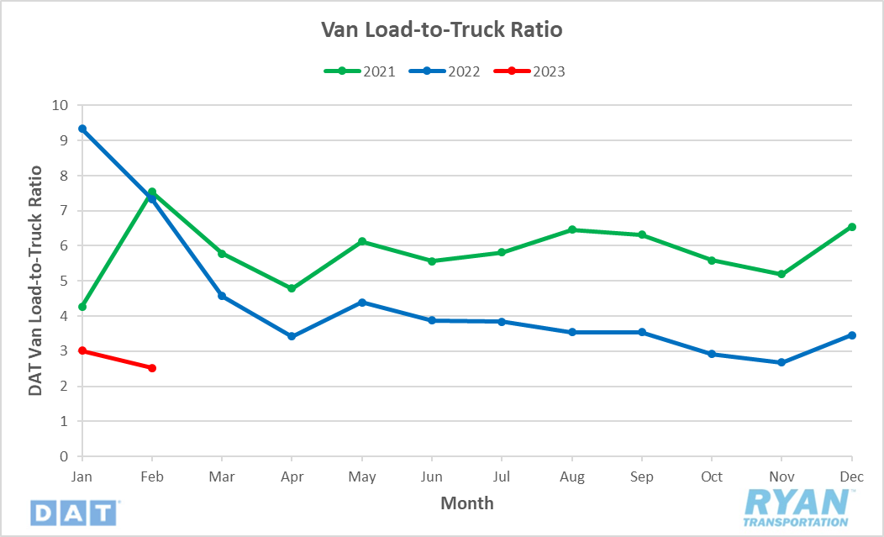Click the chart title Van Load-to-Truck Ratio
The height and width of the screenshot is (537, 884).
(x=441, y=30)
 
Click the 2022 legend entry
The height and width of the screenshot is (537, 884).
(x=445, y=71)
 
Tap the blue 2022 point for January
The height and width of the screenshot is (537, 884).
(x=82, y=129)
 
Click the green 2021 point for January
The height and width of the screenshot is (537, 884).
(x=82, y=307)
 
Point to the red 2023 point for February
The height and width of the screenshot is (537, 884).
(x=152, y=368)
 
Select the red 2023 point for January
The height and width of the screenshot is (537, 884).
(x=82, y=350)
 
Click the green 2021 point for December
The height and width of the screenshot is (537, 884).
(x=852, y=227)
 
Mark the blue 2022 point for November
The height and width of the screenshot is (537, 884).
(x=781, y=362)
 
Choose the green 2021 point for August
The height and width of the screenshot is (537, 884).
(x=572, y=229)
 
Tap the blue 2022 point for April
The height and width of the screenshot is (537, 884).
(x=292, y=336)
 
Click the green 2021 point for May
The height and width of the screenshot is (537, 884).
(x=362, y=241)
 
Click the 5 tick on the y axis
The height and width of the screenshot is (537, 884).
(x=63, y=282)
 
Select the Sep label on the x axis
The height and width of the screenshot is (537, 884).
(x=642, y=476)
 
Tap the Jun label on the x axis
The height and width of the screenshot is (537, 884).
(x=432, y=476)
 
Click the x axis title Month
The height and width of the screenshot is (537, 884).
(x=467, y=503)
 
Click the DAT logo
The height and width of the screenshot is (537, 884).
(x=75, y=512)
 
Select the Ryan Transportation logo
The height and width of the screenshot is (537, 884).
(x=797, y=508)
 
